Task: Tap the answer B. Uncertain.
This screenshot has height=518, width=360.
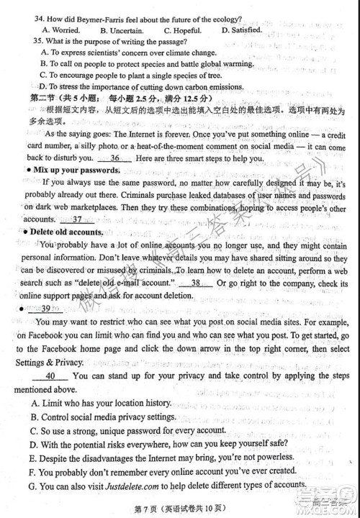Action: [122, 29]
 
